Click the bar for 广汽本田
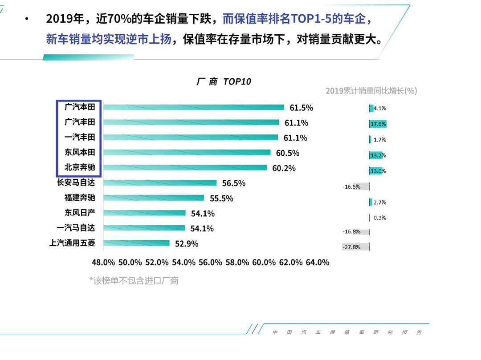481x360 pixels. click(x=194, y=107)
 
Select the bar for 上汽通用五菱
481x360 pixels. click(x=136, y=243)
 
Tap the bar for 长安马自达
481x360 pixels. click(x=160, y=183)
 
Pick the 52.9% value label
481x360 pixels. click(x=187, y=243)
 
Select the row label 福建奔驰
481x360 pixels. click(x=80, y=198)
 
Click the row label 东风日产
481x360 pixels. click(x=80, y=213)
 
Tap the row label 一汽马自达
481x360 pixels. click(x=76, y=228)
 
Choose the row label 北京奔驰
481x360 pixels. click(x=80, y=167)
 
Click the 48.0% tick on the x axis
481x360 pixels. click(x=103, y=262)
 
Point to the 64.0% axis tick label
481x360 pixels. click(x=317, y=262)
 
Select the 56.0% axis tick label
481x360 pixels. click(x=210, y=262)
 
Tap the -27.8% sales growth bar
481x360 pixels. click(x=355, y=247)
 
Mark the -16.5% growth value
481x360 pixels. click(x=351, y=186)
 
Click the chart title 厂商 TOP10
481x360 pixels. click(x=224, y=82)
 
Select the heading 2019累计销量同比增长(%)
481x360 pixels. click(x=371, y=91)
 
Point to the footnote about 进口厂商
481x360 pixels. click(x=134, y=280)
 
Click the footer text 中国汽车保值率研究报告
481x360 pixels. click(x=347, y=332)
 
